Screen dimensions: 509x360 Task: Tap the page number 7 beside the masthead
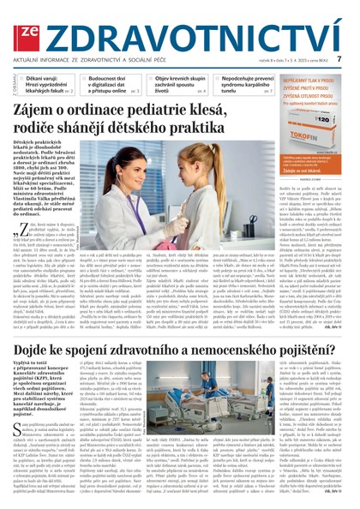point(339,59)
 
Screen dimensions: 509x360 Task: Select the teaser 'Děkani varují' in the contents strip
point(51,82)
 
